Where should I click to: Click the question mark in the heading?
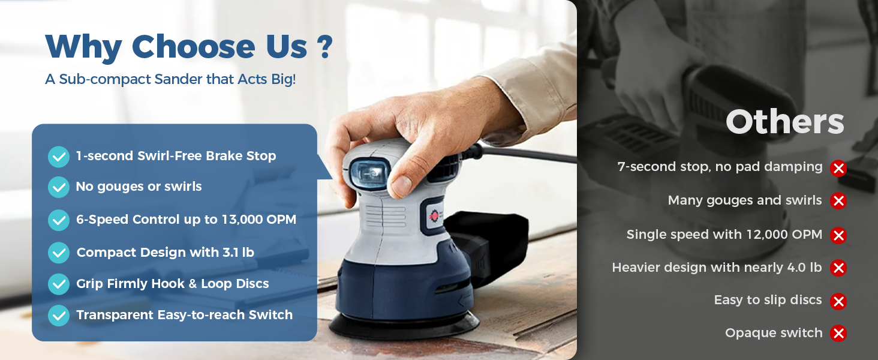point(324,47)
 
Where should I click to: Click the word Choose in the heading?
point(193,47)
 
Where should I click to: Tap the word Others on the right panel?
point(784,122)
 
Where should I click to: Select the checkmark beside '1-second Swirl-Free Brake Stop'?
point(59,157)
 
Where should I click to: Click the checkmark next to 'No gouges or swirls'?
point(59,187)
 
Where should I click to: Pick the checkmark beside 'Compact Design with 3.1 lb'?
point(59,253)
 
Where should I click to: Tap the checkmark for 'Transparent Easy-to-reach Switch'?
point(59,316)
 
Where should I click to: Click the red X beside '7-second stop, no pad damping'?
point(838,169)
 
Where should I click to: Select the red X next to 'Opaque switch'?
point(838,334)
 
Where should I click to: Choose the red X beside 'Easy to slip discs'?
point(838,302)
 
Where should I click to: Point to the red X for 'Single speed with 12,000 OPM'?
point(838,236)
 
